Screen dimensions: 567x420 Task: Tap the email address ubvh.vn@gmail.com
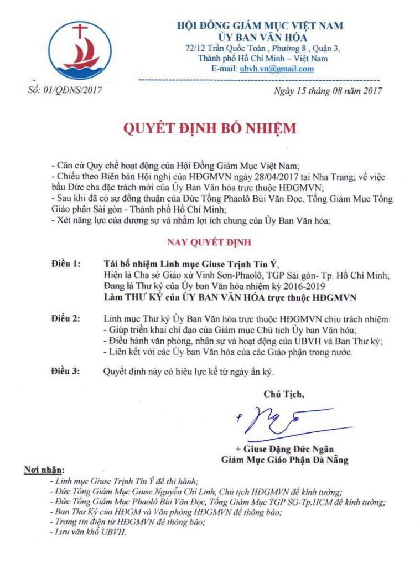pyautogui.click(x=277, y=69)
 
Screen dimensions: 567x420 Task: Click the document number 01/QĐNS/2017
pyautogui.click(x=65, y=90)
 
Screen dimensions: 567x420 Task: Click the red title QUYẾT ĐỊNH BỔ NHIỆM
pyautogui.click(x=209, y=129)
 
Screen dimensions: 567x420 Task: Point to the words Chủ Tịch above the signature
pyautogui.click(x=283, y=394)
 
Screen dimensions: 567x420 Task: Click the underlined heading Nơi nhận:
pyautogui.click(x=44, y=470)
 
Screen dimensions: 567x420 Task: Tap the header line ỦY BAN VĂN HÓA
pyautogui.click(x=259, y=37)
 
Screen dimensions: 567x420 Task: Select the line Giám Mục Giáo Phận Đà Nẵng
pyautogui.click(x=284, y=460)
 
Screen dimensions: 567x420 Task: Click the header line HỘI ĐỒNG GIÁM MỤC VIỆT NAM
pyautogui.click(x=259, y=25)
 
